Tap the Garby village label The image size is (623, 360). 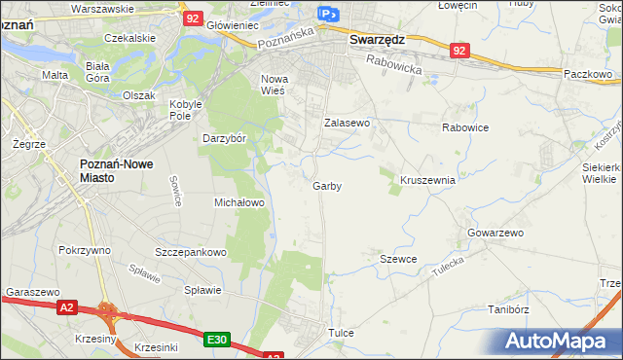click(x=327, y=186)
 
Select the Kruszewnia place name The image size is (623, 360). click(x=428, y=180)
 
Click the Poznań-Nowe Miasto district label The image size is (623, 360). click(x=107, y=171)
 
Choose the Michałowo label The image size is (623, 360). click(x=239, y=202)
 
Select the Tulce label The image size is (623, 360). click(x=341, y=333)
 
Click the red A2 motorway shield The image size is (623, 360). click(x=66, y=308)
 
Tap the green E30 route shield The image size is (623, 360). click(x=218, y=340)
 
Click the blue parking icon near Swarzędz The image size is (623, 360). click(x=328, y=14)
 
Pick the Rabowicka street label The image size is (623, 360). click(x=394, y=64)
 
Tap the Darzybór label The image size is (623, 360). click(x=222, y=137)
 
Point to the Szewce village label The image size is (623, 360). click(x=398, y=259)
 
